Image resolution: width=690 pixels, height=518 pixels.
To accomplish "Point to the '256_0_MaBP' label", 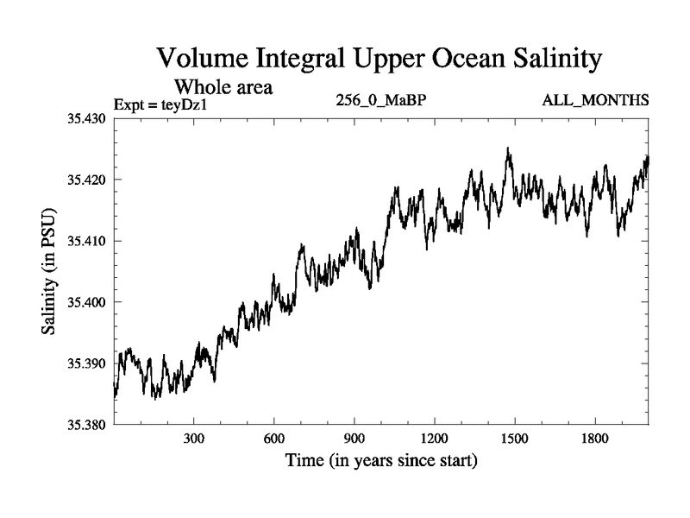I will [380, 101].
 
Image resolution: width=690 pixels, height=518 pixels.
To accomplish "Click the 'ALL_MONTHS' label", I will [595, 101].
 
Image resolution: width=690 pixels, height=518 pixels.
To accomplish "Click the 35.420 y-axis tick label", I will [86, 180].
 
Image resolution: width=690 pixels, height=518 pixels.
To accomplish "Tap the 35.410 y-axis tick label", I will [86, 241].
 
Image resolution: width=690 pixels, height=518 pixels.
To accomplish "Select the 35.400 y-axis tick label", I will [86, 302].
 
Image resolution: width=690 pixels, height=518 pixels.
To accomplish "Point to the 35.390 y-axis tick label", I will [86, 363].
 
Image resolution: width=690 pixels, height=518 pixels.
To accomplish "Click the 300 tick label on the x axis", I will [194, 438].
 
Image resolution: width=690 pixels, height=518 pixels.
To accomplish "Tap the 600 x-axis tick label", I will [274, 438].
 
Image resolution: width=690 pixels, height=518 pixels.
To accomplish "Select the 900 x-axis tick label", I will [354, 438].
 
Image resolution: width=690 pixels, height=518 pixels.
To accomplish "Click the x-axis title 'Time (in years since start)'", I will [381, 461].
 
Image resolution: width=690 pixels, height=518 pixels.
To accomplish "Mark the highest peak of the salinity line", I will [508, 148].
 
